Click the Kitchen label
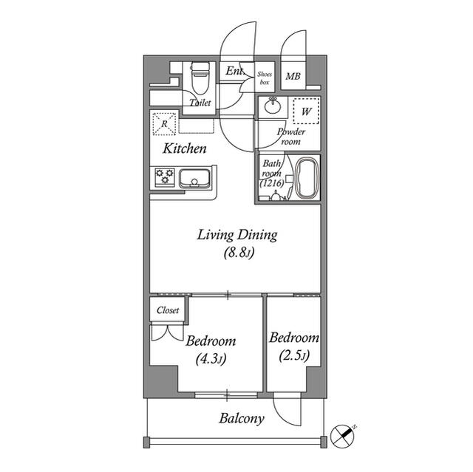click(x=185, y=148)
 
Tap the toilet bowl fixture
click(x=200, y=78)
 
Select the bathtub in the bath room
click(x=307, y=179)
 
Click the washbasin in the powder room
click(x=273, y=106)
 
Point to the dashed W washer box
click(x=306, y=112)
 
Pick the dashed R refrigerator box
click(x=164, y=124)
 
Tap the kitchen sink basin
click(x=195, y=179)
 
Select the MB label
click(x=293, y=76)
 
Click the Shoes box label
click(x=265, y=78)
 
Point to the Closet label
click(x=168, y=309)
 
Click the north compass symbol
click(x=343, y=436)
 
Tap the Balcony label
click(x=242, y=419)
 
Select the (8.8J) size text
click(x=239, y=253)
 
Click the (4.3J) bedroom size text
click(x=211, y=359)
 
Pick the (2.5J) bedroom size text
click(x=294, y=355)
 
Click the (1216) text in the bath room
click(x=272, y=183)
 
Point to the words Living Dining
click(x=237, y=235)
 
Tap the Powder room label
click(x=291, y=137)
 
